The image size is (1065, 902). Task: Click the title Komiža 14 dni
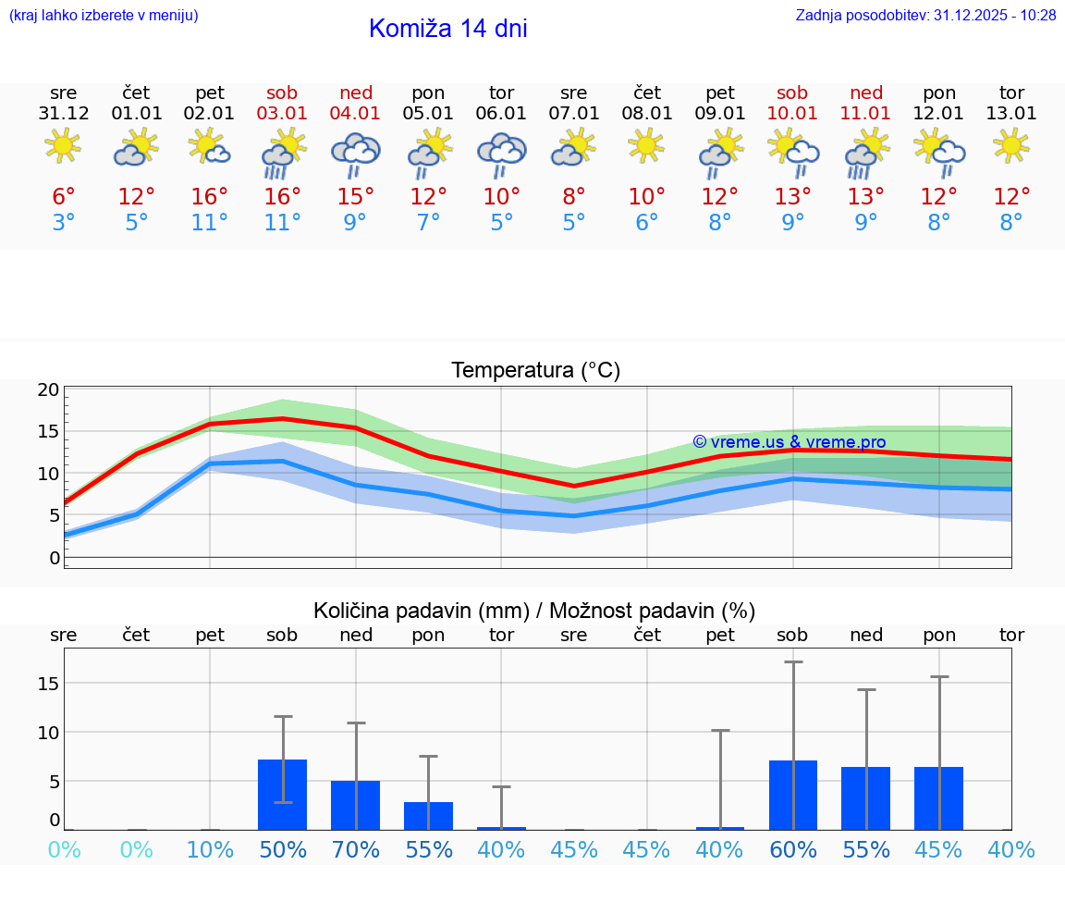tap(447, 29)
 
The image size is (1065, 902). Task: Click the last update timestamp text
tap(925, 16)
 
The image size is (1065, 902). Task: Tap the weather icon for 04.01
tap(356, 153)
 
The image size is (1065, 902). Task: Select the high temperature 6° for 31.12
tap(64, 197)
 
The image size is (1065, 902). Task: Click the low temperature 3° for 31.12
tap(64, 223)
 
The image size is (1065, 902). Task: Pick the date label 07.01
tap(574, 113)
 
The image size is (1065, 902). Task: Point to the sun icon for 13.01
tap(1011, 145)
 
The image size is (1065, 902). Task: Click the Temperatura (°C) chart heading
tap(535, 370)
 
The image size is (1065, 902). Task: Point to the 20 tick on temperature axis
tap(48, 389)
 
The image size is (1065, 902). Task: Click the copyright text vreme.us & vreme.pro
tap(789, 442)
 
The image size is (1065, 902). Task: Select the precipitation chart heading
tap(534, 611)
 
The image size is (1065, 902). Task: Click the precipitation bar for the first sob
tap(283, 795)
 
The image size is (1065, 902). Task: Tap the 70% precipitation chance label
tap(356, 849)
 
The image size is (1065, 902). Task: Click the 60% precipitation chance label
tap(793, 849)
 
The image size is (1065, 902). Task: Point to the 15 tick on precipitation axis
tap(48, 683)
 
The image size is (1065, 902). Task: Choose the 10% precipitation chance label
tap(210, 849)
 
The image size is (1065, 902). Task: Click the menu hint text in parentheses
tap(104, 16)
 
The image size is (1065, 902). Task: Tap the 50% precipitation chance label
tap(283, 849)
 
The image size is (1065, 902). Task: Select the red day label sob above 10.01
tap(792, 93)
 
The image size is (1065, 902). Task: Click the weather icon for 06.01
tap(501, 153)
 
